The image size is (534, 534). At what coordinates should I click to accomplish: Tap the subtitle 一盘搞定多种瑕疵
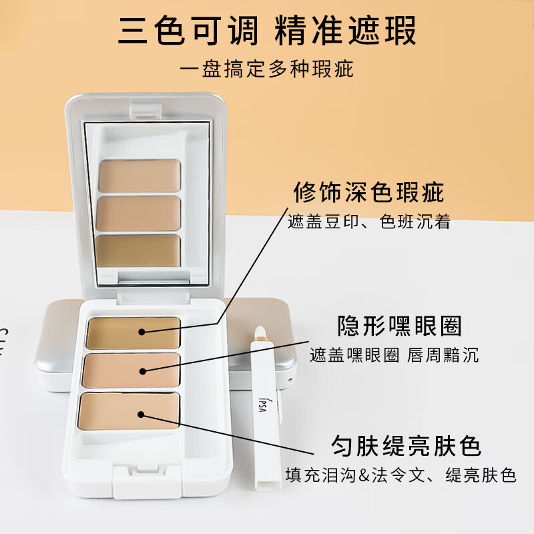click(x=267, y=69)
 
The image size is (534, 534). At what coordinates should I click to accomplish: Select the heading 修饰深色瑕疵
click(x=369, y=193)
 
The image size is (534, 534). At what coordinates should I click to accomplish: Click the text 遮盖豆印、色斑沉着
click(x=369, y=222)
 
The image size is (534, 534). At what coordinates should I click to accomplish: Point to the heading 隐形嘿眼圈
click(x=400, y=326)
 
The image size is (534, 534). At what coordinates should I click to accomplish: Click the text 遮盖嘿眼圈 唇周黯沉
click(x=394, y=355)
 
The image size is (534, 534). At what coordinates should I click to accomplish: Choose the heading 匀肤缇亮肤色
click(x=407, y=445)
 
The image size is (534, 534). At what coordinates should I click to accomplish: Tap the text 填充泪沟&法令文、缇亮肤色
click(x=401, y=475)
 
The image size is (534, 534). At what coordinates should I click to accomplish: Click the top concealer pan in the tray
click(x=133, y=332)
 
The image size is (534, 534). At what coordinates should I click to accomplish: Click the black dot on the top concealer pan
click(x=142, y=331)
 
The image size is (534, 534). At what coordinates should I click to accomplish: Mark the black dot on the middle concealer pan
click(x=142, y=370)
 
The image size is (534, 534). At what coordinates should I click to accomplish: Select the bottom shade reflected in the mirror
click(x=139, y=250)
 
